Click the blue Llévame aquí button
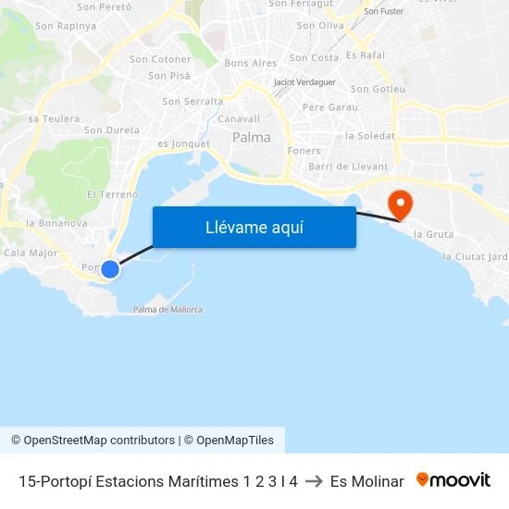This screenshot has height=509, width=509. click(254, 227)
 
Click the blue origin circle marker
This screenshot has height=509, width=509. click(110, 269)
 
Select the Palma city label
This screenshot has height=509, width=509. click(252, 137)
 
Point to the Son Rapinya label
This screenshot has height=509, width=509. click(66, 26)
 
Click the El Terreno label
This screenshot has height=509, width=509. click(112, 194)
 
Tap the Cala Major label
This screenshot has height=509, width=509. click(31, 252)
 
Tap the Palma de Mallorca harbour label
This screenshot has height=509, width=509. click(168, 309)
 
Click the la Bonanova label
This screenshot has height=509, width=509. click(56, 223)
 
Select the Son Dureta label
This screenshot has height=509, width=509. click(111, 130)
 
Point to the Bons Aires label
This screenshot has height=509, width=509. click(251, 63)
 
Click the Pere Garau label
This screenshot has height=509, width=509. click(329, 107)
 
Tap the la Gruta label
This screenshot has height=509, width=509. click(433, 234)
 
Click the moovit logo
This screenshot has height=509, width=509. click(453, 480)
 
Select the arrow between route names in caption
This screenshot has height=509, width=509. click(314, 481)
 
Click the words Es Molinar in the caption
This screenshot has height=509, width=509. click(366, 481)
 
